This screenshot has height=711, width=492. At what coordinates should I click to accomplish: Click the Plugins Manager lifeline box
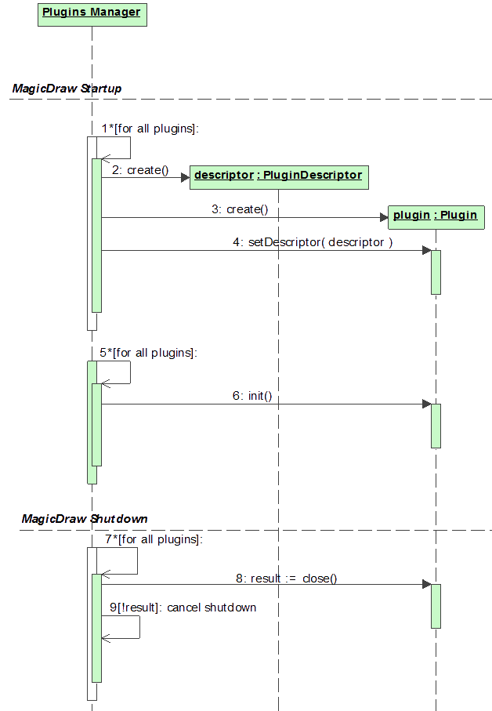[x=92, y=13]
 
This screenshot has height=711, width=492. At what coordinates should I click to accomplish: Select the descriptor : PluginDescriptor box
[x=278, y=175]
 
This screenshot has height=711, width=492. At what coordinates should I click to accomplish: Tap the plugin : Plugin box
[x=435, y=215]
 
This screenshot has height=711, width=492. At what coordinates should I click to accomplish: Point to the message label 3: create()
[x=240, y=210]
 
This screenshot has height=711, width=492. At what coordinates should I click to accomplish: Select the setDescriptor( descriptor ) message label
[x=313, y=243]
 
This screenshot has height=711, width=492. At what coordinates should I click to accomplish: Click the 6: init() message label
[x=251, y=397]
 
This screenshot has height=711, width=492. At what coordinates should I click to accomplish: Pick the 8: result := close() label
[x=286, y=579]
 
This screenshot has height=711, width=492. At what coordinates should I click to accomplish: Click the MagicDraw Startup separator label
[x=67, y=89]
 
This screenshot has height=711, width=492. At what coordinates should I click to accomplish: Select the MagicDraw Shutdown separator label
[x=85, y=519]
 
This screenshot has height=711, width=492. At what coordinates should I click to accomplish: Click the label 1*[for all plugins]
[x=150, y=129]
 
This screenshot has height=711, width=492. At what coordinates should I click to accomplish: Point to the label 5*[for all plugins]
[x=148, y=354]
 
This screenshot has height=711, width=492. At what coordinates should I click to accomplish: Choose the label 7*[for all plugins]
[x=153, y=539]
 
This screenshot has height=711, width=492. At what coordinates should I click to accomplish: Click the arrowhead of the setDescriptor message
[x=426, y=251]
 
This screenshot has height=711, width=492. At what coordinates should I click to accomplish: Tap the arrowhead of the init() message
[x=426, y=404]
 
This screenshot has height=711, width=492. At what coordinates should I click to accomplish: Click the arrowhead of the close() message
[x=426, y=585]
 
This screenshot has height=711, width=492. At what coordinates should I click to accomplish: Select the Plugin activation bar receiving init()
[x=436, y=426]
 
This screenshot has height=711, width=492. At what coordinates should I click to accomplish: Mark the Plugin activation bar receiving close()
[x=436, y=606]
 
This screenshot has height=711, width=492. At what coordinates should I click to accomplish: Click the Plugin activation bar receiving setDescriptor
[x=436, y=272]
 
